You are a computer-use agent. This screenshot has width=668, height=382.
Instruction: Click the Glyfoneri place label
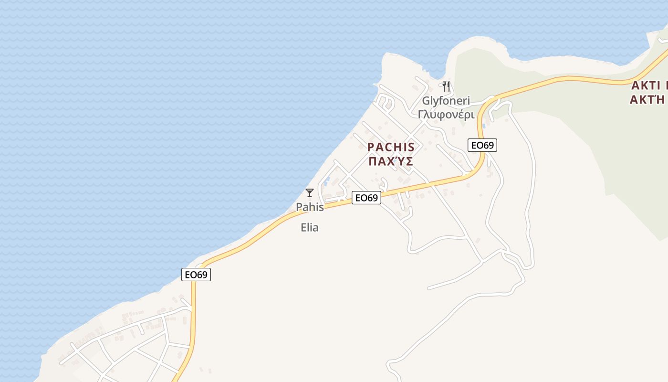coord(446,101)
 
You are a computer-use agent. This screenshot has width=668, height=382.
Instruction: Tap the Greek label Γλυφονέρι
coord(446,115)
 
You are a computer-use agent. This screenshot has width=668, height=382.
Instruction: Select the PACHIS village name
coord(391,147)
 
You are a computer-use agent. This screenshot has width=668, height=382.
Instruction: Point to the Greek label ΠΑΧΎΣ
coord(390,161)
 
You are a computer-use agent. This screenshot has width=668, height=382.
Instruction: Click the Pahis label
coord(310,207)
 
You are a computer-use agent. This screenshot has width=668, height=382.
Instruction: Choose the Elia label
coord(310,228)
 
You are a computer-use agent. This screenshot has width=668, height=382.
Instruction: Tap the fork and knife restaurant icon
coord(446,86)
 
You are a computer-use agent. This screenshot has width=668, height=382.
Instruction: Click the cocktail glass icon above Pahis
coord(310,193)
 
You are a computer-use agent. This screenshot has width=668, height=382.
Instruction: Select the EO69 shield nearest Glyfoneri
coord(482,145)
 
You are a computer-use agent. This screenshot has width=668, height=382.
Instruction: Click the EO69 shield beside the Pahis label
coord(366,198)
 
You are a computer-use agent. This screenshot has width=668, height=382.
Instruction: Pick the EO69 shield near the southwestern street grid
coord(196,275)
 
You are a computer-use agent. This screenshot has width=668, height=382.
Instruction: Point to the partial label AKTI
coord(649,86)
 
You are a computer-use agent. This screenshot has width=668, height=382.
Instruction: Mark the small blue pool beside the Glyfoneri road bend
coord(484,126)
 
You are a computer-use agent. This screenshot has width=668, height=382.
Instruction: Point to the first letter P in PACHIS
coord(371,147)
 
